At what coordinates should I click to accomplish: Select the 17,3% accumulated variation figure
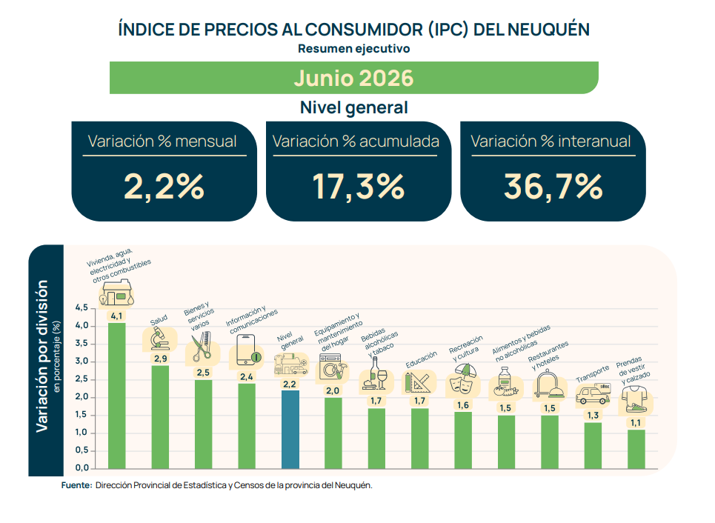pos(359,187)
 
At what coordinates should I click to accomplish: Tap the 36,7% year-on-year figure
pos(553,187)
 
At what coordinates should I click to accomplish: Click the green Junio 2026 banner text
pos(354,78)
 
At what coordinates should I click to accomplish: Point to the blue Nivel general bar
pos(290,430)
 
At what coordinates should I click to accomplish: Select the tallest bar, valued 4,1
pos(117,396)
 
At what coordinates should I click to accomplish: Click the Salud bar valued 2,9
pos(160,417)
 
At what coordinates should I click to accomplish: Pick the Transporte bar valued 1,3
pos(593,445)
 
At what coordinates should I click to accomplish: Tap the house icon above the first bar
pos(117,293)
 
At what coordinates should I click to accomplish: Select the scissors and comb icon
pos(202,346)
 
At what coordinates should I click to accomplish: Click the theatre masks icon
pos(462,379)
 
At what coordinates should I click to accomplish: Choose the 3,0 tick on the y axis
pos(82,361)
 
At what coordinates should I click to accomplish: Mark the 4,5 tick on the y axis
pos(82,307)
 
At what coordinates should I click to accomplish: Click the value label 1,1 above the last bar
pos(636,423)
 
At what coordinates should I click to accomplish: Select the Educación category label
pos(422,359)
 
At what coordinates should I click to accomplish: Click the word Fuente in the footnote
pos(76,485)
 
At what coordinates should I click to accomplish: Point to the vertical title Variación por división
pos(42,356)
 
